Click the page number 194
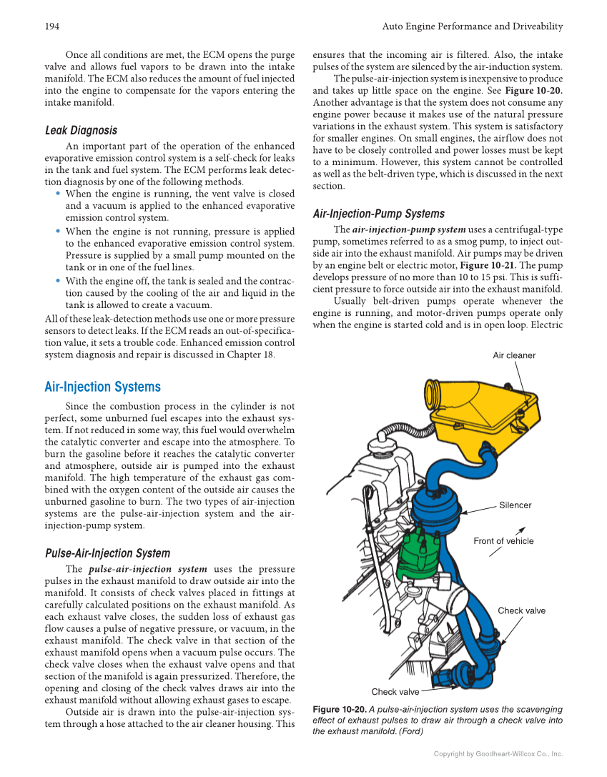[51, 26]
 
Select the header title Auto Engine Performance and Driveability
[473, 26]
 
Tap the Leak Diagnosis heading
[81, 130]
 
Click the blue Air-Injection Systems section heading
[102, 387]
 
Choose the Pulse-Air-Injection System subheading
[107, 553]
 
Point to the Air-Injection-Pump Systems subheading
[378, 214]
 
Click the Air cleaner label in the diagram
[514, 355]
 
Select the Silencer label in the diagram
[515, 505]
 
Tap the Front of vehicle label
[503, 541]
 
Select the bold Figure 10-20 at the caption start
[340, 709]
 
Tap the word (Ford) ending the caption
[403, 732]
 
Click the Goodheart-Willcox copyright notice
[498, 753]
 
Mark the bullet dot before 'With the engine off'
[57, 280]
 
